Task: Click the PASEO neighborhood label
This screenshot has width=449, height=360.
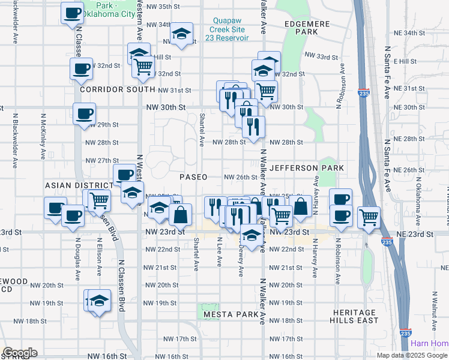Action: (194, 177)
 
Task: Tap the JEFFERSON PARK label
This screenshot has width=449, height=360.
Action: (307, 168)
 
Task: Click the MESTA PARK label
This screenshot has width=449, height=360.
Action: (231, 314)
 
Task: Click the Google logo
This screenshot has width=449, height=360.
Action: (20, 353)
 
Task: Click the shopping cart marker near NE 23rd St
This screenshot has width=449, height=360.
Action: (369, 217)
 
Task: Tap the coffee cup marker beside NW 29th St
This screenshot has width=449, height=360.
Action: (84, 113)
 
